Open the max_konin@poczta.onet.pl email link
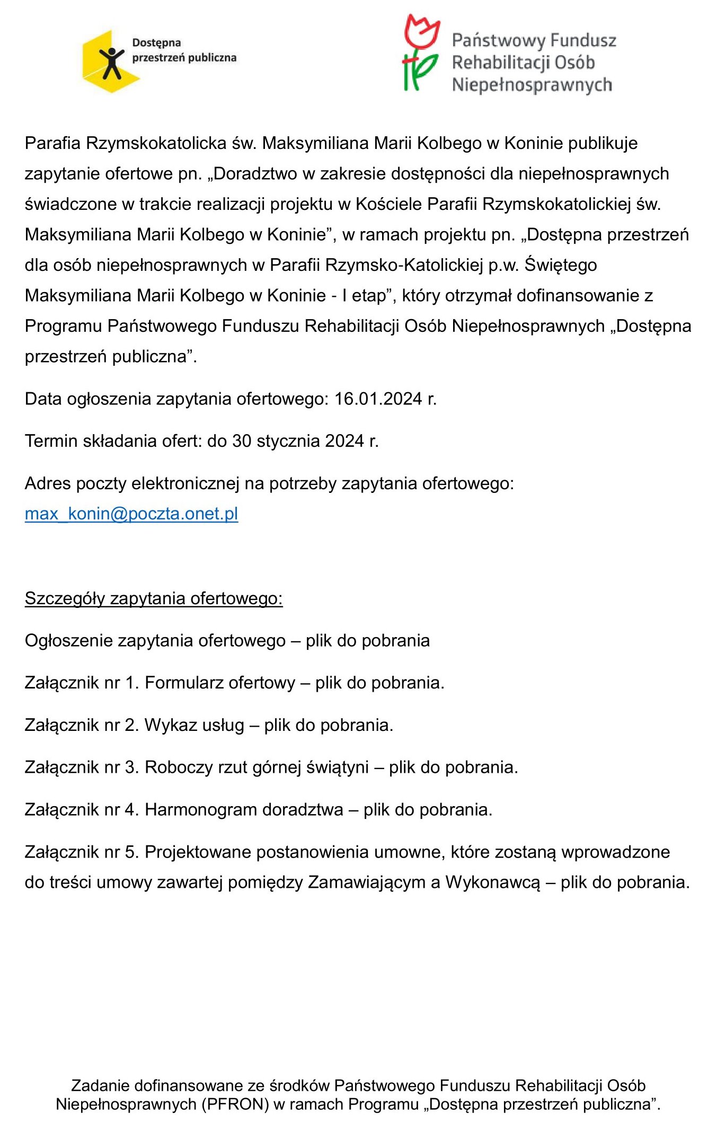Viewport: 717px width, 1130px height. (131, 514)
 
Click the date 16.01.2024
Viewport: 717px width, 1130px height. (378, 399)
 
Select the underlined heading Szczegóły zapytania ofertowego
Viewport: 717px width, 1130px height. (154, 598)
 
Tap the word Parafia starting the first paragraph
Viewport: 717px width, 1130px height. (52, 143)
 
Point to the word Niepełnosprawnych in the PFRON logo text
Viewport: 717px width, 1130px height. (532, 85)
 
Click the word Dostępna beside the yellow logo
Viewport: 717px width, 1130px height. (156, 43)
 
